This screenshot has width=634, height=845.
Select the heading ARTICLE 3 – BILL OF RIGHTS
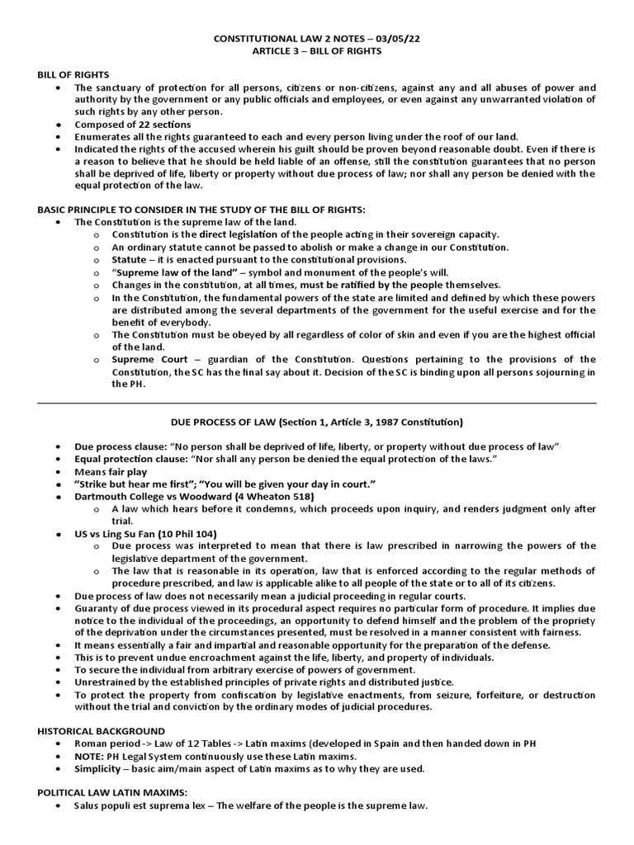(317, 51)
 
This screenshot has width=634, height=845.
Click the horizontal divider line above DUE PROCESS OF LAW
(317, 404)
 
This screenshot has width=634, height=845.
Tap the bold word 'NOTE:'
(90, 757)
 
